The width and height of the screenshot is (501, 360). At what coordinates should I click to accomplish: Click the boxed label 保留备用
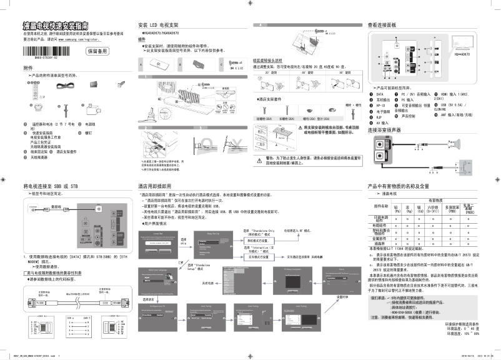(x=97, y=51)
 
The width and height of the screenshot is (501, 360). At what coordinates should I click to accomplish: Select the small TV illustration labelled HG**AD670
(x=462, y=43)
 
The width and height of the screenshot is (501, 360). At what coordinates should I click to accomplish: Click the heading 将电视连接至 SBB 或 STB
(x=50, y=186)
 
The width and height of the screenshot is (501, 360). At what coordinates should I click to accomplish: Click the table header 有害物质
(x=435, y=200)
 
